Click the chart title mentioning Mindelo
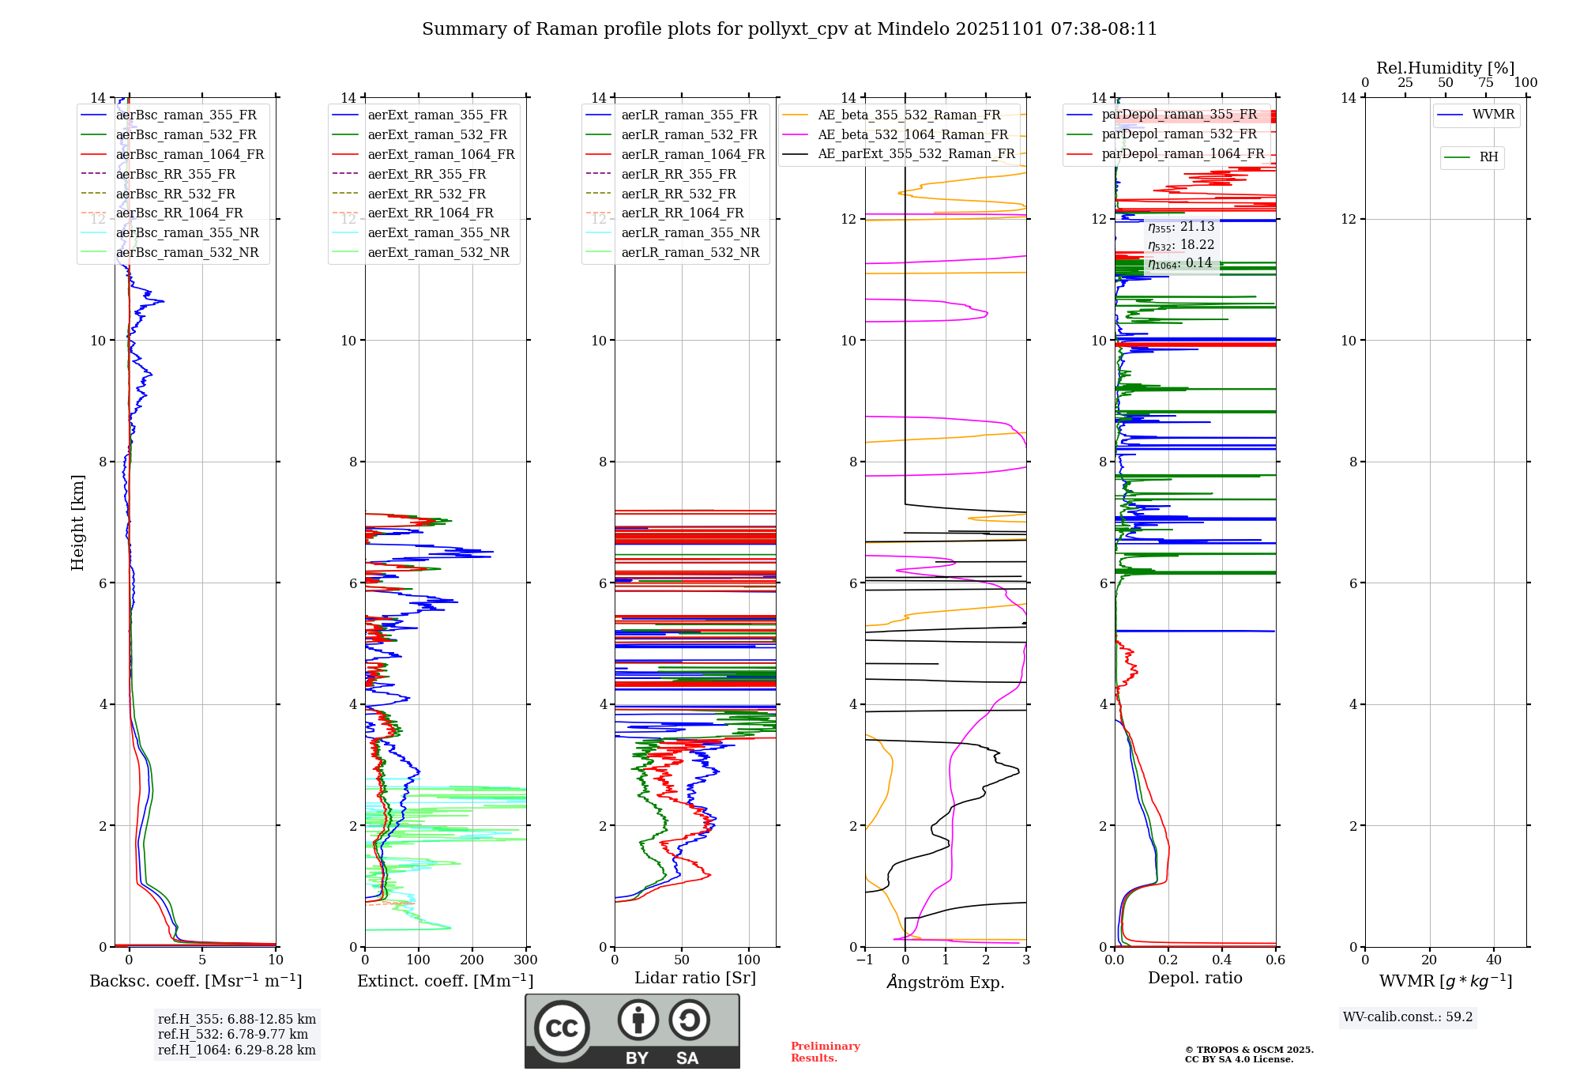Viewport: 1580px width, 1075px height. coord(789,29)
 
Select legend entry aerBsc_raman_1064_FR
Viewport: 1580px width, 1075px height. coord(190,154)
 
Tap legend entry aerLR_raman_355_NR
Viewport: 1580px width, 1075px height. coord(690,232)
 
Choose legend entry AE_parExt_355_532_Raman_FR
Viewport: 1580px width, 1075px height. coord(916,153)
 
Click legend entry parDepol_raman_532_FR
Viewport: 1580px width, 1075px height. coord(1179,134)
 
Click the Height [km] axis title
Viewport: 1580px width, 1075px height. coord(77,522)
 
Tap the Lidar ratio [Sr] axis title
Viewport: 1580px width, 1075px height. coord(694,978)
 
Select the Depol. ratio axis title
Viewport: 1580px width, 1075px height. coord(1194,978)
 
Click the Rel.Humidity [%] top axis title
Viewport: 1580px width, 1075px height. coord(1445,68)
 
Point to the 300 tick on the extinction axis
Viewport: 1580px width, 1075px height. coord(525,960)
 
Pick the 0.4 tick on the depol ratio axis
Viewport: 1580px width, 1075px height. coord(1221,960)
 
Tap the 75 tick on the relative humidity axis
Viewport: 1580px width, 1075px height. coord(1485,82)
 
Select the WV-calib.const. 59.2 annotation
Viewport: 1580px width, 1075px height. coord(1407,1017)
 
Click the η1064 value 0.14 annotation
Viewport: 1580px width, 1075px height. coord(1179,263)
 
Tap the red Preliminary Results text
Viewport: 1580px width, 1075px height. coord(825,1051)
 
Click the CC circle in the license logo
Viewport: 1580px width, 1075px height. coord(562,1028)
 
